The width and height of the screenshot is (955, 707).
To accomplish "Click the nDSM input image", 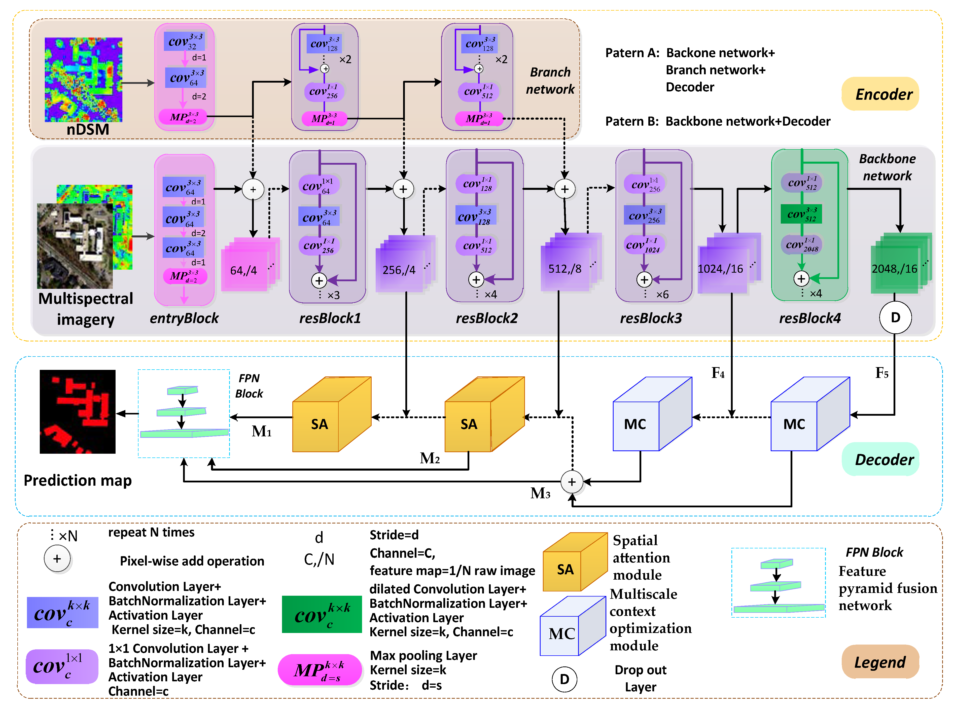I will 83,80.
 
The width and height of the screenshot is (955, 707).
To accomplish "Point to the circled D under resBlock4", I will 895,317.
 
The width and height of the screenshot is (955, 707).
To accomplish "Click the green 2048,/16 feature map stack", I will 899,264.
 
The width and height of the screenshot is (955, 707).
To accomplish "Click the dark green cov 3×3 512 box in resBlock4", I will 801,214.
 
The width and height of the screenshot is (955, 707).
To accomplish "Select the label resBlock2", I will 486,318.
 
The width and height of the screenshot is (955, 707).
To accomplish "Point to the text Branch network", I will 550,81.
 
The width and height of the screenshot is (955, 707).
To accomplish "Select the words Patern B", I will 631,122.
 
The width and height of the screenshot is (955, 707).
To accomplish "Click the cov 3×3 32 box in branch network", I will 184,41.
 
